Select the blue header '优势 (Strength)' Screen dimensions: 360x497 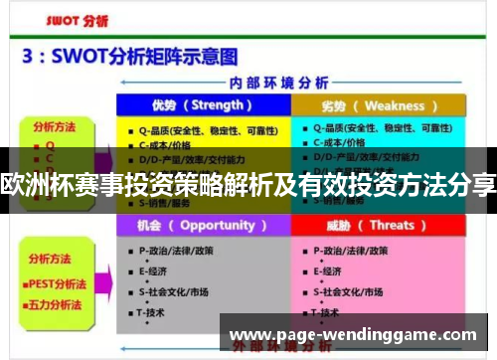[x=203, y=105]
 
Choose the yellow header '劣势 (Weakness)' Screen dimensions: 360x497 [x=379, y=105]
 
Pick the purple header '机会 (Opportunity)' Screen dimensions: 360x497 [x=203, y=226]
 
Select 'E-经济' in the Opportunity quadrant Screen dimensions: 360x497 [x=155, y=270]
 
